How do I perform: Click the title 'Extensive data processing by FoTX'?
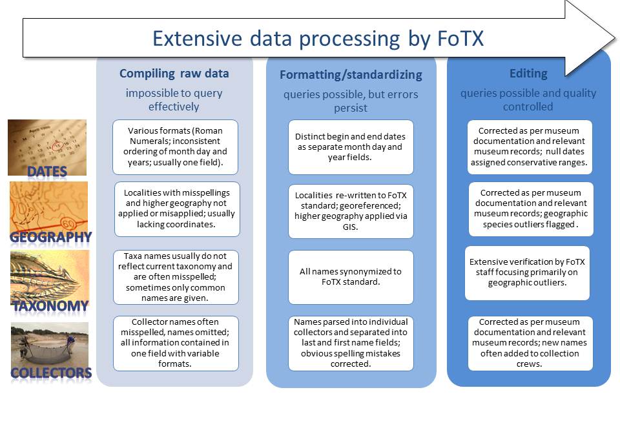(x=318, y=38)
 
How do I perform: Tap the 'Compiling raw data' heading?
(x=174, y=74)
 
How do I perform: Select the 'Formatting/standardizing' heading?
(x=351, y=74)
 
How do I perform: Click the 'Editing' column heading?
(x=528, y=74)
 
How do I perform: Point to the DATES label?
(x=47, y=171)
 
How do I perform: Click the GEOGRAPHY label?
(x=50, y=237)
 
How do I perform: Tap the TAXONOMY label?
(x=50, y=305)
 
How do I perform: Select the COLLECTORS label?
(x=50, y=373)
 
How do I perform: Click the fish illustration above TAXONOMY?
(x=50, y=274)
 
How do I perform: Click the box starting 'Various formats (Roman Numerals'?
(x=176, y=147)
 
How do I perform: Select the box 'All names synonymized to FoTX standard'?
(x=351, y=277)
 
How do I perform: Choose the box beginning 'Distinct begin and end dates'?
(x=351, y=147)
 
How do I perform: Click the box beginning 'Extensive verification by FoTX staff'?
(x=528, y=272)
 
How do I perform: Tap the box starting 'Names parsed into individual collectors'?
(x=351, y=343)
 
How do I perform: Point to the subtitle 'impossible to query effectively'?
(x=174, y=99)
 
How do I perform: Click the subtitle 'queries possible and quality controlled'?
(x=528, y=99)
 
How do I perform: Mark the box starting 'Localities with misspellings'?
(x=176, y=209)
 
